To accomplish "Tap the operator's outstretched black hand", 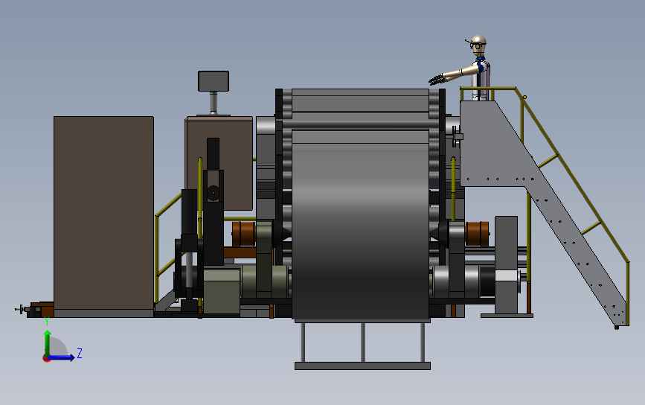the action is (x=437, y=79).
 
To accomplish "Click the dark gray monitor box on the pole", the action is (x=214, y=81).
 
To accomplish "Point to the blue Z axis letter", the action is (x=80, y=353).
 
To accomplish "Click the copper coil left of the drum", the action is (x=243, y=234).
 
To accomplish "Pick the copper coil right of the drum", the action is (x=477, y=234).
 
